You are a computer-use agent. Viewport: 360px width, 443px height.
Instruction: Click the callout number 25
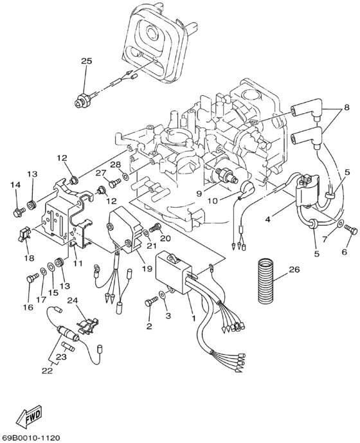86,61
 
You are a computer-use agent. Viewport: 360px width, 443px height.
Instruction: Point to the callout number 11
77,264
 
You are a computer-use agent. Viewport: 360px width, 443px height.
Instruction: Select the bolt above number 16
31,279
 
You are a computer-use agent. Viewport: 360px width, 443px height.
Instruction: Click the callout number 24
73,300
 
